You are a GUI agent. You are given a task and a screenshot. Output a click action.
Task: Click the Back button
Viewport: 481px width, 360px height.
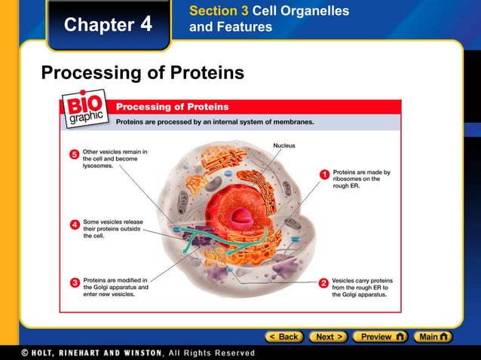[283, 337]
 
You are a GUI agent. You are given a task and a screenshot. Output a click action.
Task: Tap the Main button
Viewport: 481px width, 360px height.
[434, 337]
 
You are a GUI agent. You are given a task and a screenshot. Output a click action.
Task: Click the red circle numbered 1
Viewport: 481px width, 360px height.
[324, 174]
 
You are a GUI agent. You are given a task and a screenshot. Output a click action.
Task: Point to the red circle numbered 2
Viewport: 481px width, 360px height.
[323, 282]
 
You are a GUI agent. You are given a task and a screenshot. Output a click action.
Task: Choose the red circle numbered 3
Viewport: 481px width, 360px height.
[75, 282]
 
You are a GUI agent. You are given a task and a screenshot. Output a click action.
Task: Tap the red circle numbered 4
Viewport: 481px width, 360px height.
[75, 224]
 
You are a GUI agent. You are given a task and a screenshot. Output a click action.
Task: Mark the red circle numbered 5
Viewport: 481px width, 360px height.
[75, 154]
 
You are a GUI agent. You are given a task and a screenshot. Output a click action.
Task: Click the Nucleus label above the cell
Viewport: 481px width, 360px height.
[283, 145]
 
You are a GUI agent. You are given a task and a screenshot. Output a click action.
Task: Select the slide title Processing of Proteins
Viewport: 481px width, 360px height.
[142, 73]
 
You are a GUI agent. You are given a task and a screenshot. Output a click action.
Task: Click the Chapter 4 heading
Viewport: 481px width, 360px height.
[108, 24]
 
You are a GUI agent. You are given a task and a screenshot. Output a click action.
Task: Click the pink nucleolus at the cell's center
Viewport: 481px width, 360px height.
[241, 217]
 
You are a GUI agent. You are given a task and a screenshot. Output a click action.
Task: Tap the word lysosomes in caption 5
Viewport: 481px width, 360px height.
[98, 166]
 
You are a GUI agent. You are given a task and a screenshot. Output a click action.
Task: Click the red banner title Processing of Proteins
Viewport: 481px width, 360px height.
[172, 106]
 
